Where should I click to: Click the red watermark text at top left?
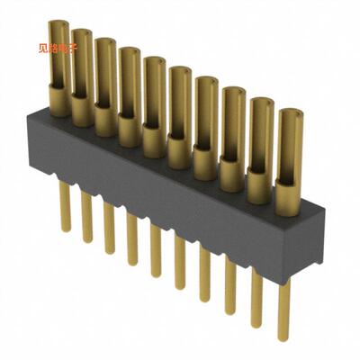(x=60, y=49)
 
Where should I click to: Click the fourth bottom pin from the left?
(x=132, y=239)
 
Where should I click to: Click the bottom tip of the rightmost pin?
(x=283, y=339)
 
